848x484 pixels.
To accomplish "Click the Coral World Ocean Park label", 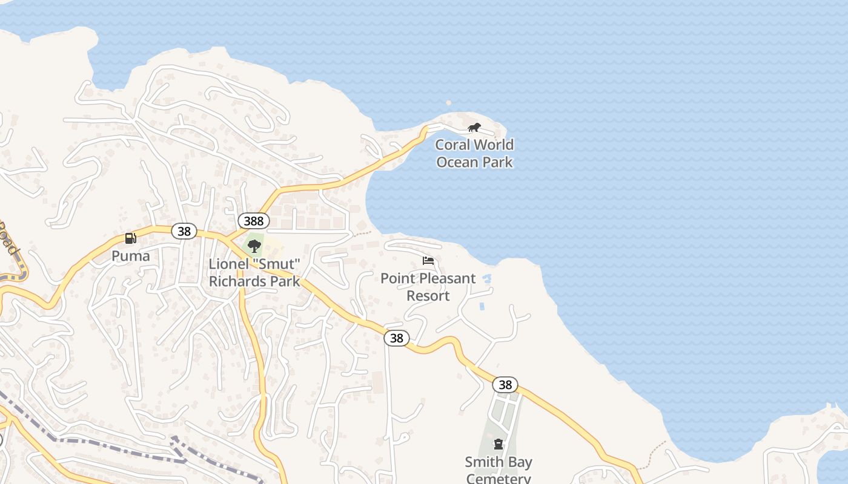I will [474, 153].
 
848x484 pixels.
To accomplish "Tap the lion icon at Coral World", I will [474, 128].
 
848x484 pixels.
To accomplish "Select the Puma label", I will [130, 256].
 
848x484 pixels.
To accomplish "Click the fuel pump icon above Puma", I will [130, 238].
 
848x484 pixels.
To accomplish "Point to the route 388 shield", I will [253, 221].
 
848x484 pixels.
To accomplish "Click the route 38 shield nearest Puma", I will [184, 231].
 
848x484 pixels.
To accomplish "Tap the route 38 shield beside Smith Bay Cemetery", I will [505, 385].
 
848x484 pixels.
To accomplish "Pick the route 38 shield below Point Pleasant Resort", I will [397, 338].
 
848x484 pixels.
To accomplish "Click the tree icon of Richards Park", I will [254, 246].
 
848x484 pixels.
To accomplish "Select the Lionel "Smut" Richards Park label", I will [254, 273].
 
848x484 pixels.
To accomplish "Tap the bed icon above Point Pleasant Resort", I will [428, 261].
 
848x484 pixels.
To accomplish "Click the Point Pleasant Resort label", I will [428, 287].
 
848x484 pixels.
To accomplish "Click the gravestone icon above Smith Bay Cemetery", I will [498, 445].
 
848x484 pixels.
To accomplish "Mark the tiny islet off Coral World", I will [448, 103].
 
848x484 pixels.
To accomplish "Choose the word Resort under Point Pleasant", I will [428, 296].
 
